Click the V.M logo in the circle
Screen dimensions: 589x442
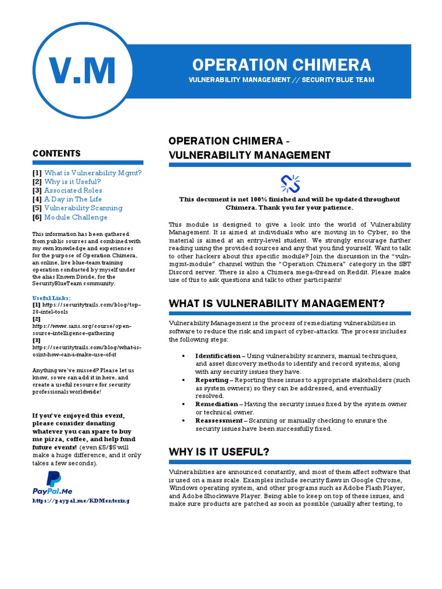point(82,71)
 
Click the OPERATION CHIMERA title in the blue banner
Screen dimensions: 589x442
point(281,64)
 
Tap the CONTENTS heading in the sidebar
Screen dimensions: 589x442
point(56,153)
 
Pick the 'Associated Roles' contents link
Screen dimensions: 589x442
point(73,190)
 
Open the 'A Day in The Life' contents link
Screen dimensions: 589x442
point(73,199)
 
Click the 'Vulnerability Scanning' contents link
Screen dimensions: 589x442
point(83,208)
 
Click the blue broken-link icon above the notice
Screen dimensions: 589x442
point(289,183)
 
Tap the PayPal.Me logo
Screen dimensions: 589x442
point(54,483)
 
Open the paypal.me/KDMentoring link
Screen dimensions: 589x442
point(81,500)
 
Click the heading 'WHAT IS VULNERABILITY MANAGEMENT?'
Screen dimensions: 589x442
point(276,303)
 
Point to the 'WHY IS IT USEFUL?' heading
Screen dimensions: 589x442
point(219,452)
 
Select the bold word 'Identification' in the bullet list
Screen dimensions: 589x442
point(218,356)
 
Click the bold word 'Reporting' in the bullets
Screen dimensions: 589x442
point(211,380)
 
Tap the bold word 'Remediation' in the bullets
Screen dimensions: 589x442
point(216,404)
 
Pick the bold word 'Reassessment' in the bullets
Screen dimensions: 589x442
point(218,420)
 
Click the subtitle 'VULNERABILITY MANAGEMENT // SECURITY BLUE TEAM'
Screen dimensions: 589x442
point(281,80)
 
